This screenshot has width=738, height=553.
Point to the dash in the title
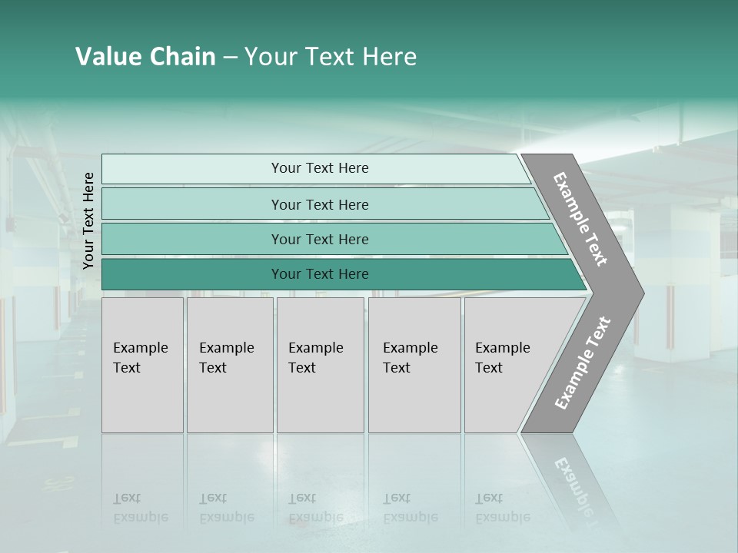230,58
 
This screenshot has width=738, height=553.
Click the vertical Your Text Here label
88,221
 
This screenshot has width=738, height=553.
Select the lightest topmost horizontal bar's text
320,168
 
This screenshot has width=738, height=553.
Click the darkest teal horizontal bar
320,274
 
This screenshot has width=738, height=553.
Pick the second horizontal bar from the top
320,204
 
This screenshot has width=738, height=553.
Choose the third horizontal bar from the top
320,239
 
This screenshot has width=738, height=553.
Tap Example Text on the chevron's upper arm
580,220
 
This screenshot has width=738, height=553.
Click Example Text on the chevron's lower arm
582,363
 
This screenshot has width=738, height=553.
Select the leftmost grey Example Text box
142,365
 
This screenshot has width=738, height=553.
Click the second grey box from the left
229,365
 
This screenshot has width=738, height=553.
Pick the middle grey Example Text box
320,365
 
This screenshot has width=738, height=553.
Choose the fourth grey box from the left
414,365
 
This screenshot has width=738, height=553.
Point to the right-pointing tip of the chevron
641,293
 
